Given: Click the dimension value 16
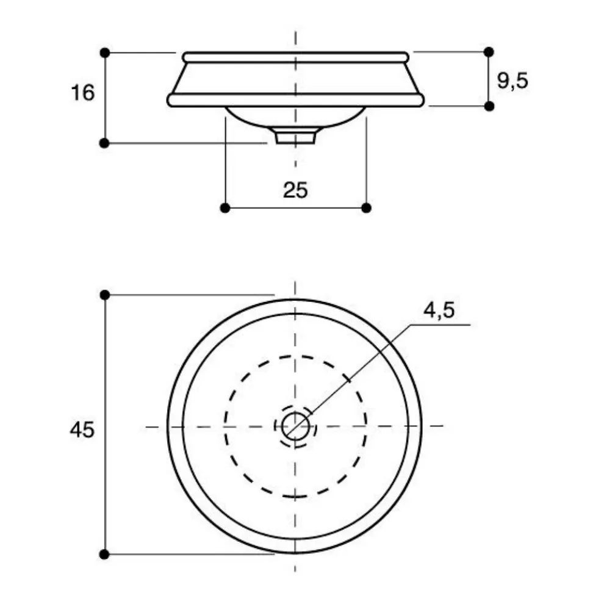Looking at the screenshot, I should coord(82,93).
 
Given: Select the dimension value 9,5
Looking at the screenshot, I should coord(511,80).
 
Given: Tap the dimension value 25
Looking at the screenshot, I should coord(296,190).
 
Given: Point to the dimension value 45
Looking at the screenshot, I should coord(82,430).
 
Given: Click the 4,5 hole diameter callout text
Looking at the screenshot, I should coord(439,311).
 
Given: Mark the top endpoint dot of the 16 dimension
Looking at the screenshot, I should coord(105,52).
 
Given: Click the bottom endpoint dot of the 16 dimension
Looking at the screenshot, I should coord(105,143).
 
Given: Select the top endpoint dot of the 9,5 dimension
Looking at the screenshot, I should coord(488,52).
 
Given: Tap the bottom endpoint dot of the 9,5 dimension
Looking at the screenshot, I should coord(488,106).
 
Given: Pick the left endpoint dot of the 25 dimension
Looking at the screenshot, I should coord(225,208).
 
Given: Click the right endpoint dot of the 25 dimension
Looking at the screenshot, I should coord(366,208).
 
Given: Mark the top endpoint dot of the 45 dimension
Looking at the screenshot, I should coord(105,295).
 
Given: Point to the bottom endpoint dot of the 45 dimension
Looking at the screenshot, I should coord(105,554).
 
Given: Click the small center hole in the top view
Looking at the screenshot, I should coord(295,425).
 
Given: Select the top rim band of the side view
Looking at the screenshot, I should coord(296,57).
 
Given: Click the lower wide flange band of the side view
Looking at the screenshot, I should coord(296,100).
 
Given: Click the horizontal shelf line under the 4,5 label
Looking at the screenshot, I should coord(439,325).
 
